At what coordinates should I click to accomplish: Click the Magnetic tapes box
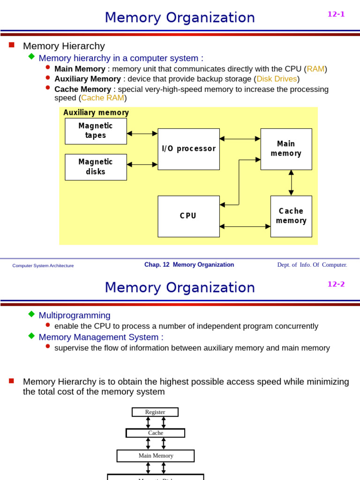point(96,131)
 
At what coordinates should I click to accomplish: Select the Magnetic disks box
point(96,167)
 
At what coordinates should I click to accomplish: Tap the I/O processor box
point(188,149)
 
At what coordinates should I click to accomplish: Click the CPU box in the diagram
point(188,216)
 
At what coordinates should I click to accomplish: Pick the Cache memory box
point(291,216)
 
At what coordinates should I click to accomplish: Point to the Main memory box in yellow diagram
point(286,149)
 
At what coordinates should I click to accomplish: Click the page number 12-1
point(336,14)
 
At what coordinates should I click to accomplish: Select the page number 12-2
point(336,284)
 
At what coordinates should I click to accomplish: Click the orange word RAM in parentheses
point(315,69)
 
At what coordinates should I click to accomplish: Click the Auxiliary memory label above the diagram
point(96,112)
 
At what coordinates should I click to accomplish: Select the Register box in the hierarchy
point(155,412)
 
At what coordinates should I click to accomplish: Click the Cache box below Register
point(155,433)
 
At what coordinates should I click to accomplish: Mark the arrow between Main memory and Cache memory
point(291,183)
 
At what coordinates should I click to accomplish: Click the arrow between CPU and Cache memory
point(245,226)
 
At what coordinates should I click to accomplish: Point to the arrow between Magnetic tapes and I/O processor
point(142,134)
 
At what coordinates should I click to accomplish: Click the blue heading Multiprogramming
point(75,315)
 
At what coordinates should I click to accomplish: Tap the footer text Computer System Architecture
point(43,265)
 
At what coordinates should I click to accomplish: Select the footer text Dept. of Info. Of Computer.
point(312,265)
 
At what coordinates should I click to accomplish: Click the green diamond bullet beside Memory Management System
point(31,336)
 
